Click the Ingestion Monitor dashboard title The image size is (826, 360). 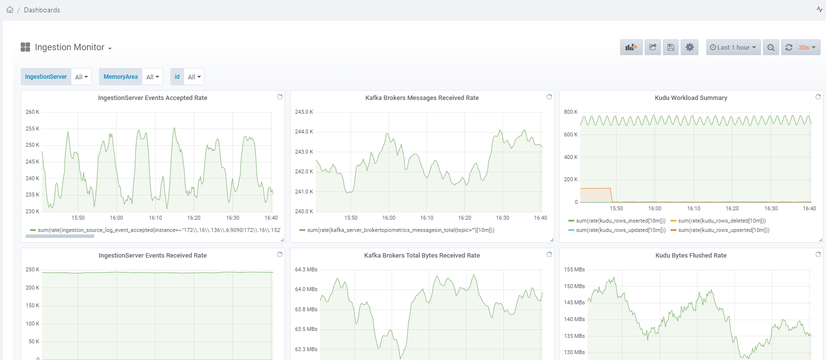click(x=69, y=47)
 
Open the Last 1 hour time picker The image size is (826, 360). click(x=733, y=47)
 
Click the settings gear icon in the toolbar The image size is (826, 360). click(x=690, y=47)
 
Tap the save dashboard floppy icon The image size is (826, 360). click(x=670, y=47)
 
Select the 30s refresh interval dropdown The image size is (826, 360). click(x=807, y=47)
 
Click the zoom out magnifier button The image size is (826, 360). click(x=771, y=47)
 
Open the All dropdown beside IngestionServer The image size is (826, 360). click(x=81, y=77)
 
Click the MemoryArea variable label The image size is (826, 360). click(x=121, y=77)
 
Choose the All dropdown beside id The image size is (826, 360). click(x=194, y=77)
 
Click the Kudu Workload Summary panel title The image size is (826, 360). click(x=691, y=98)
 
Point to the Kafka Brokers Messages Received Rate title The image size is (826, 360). click(x=422, y=98)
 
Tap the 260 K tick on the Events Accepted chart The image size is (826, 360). click(x=33, y=112)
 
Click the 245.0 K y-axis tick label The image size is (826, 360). click(x=304, y=112)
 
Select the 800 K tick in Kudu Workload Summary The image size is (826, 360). click(x=571, y=112)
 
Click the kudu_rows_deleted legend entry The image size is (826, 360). click(x=722, y=221)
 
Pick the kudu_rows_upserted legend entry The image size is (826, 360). click(x=723, y=230)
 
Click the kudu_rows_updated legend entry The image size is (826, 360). click(x=620, y=230)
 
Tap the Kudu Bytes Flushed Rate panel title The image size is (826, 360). click(x=691, y=256)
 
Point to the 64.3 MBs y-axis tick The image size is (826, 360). click(x=306, y=269)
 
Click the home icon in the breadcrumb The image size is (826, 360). click(x=10, y=10)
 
